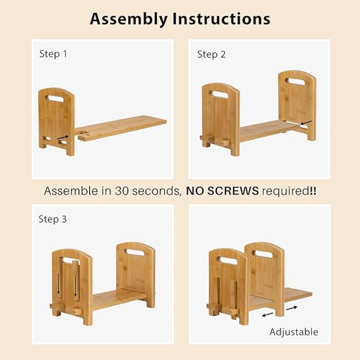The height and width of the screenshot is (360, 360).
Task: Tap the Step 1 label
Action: click(x=53, y=54)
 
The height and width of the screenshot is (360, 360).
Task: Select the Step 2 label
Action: click(x=211, y=54)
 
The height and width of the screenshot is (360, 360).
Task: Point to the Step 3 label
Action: click(x=53, y=219)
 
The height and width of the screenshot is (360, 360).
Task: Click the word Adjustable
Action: click(x=294, y=332)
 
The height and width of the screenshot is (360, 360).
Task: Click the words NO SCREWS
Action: click(x=222, y=191)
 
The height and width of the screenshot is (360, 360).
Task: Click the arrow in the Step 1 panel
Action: click(x=63, y=137)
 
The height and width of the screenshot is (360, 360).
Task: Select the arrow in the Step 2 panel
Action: click(x=306, y=123)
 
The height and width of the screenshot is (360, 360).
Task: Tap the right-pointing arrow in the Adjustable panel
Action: click(x=292, y=308)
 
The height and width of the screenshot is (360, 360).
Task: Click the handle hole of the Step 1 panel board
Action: click(x=56, y=98)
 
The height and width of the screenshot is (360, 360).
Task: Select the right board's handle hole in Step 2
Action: click(x=297, y=81)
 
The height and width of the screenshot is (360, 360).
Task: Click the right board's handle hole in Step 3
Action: click(x=136, y=253)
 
